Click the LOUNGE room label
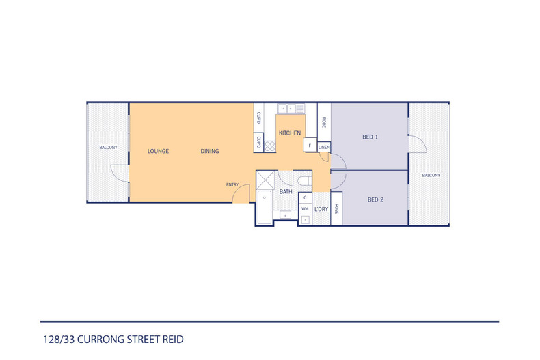(x=158, y=151)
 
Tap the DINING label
(x=210, y=151)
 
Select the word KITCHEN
(x=290, y=133)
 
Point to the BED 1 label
(x=370, y=137)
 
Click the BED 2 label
(x=375, y=199)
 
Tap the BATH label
(x=286, y=192)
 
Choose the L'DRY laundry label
(x=321, y=209)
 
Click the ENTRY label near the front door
(x=232, y=185)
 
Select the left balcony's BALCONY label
(x=108, y=148)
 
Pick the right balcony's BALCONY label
(x=431, y=176)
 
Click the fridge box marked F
(x=310, y=146)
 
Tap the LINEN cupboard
(x=324, y=147)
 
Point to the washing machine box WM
(x=306, y=208)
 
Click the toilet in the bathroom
(x=305, y=180)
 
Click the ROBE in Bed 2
(x=336, y=209)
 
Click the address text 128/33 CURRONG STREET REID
(x=112, y=339)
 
